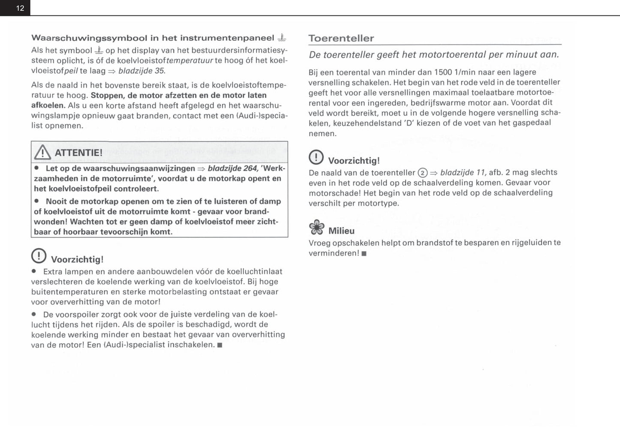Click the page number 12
[20, 8]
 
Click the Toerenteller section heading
[341, 38]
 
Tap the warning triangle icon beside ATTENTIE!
[42, 152]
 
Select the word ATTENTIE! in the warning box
[79, 153]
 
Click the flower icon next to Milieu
[317, 228]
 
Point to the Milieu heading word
[342, 231]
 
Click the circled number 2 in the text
[422, 173]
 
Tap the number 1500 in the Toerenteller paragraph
[443, 72]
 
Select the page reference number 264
[250, 168]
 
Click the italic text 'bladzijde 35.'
[142, 71]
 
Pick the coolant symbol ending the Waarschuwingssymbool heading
[281, 38]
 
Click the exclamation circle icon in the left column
[39, 256]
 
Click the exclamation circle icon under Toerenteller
[316, 157]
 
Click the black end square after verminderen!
[364, 253]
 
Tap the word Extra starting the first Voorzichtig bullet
[53, 271]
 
